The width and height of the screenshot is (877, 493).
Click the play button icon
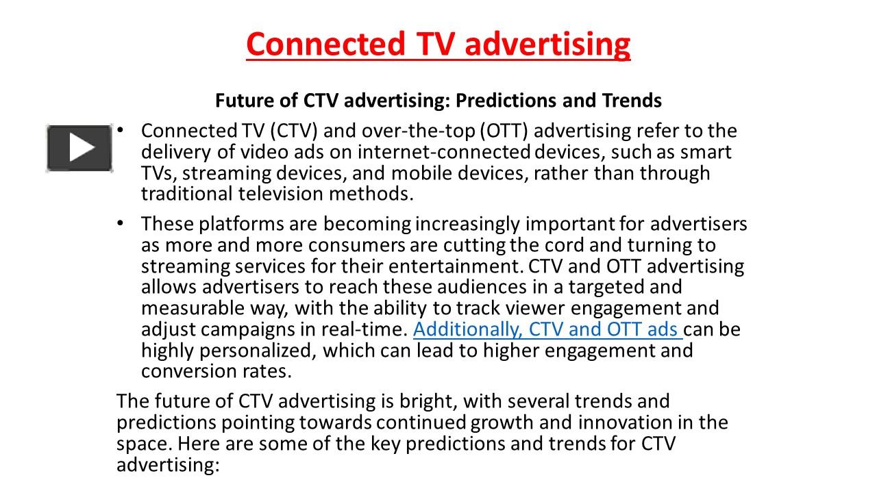pos(79,147)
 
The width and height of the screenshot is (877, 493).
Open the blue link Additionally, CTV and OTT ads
pos(547,329)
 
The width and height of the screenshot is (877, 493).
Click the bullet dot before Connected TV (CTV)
pos(121,129)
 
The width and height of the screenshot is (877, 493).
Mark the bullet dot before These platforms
pos(121,223)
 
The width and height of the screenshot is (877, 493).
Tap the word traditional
pos(187,194)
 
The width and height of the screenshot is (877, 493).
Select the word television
pos(281,194)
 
